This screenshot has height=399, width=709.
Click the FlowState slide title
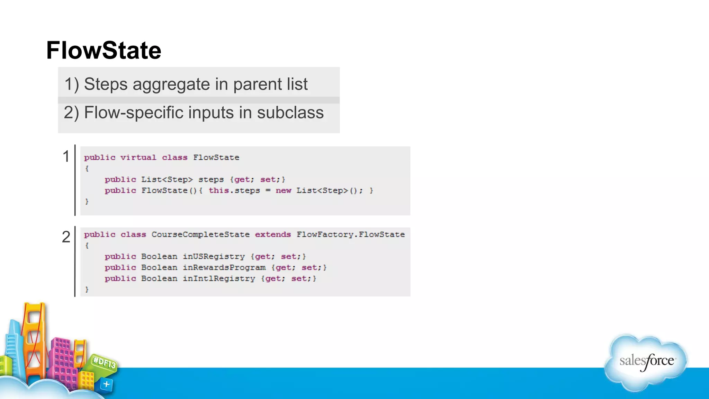[104, 51]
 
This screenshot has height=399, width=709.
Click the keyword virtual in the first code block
[138, 158]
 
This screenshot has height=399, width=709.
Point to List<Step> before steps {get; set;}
[167, 180]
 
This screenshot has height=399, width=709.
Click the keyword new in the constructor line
[283, 191]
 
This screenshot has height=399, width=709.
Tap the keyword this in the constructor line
[218, 191]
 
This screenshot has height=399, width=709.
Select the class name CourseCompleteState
[200, 235]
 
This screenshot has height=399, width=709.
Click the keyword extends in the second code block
[273, 235]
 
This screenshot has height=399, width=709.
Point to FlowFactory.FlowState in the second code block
[350, 235]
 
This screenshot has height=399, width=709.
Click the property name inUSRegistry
[214, 257]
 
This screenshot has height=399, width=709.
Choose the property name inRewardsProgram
[224, 268]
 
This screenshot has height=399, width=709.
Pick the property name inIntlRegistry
[219, 279]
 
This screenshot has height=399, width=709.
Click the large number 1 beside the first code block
[66, 157]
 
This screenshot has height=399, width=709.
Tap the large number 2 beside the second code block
[66, 237]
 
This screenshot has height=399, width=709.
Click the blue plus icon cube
[106, 384]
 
